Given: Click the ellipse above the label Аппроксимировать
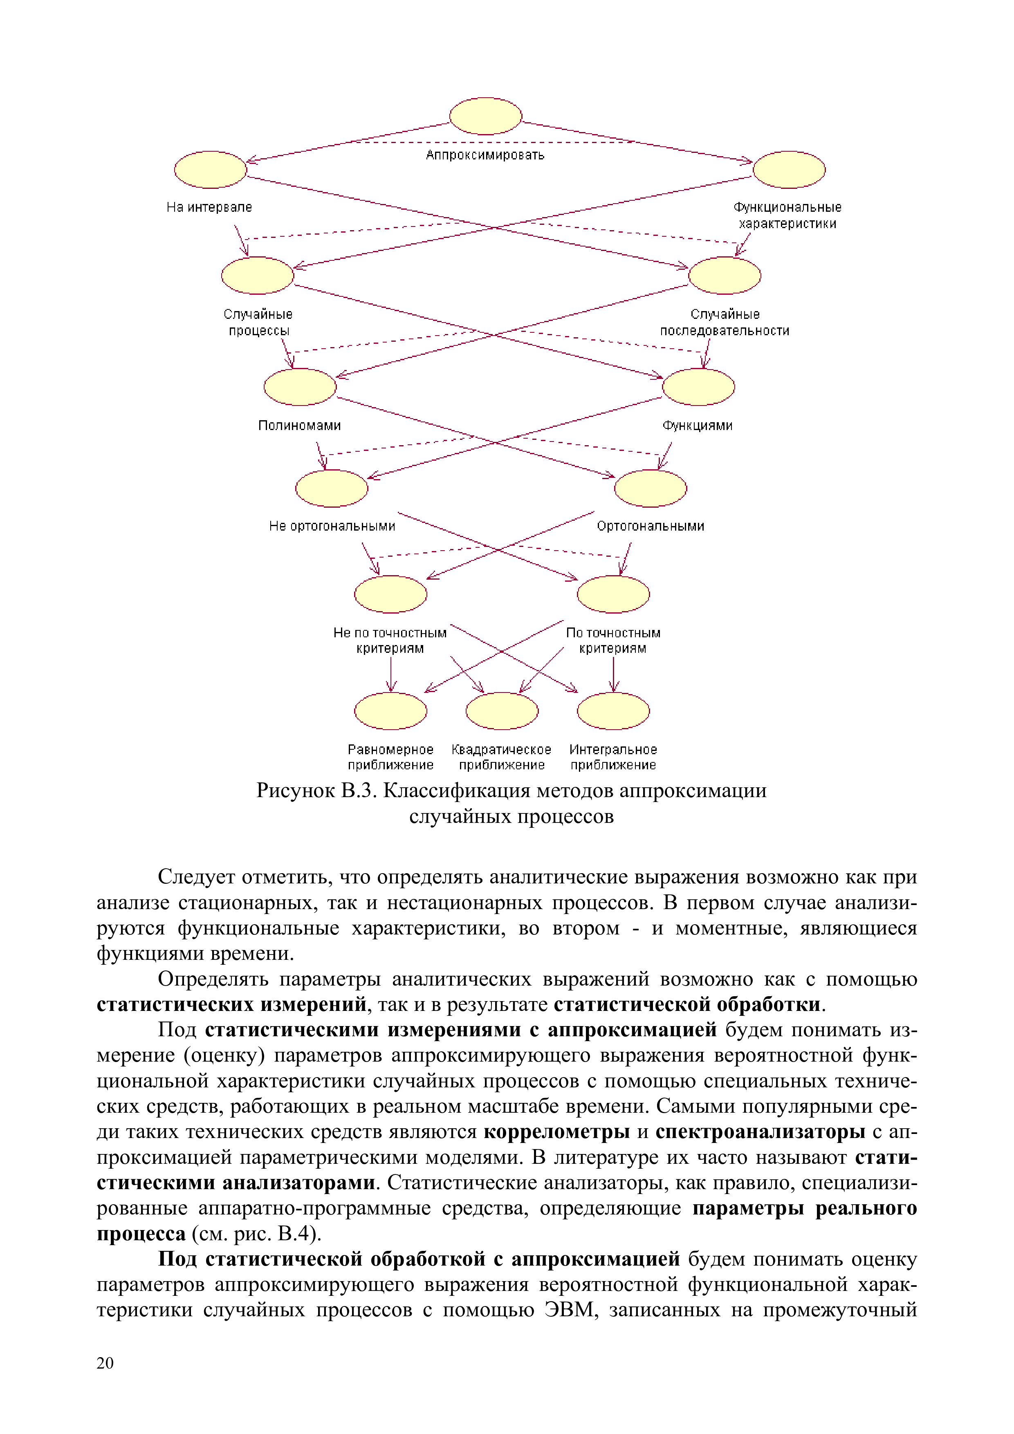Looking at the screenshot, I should (485, 116).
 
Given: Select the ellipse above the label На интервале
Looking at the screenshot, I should (211, 169).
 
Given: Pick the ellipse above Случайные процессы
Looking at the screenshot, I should (258, 276).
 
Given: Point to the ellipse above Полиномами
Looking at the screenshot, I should (300, 387).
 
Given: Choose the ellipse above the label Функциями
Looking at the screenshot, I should (698, 387).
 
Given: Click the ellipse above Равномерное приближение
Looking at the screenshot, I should (390, 711).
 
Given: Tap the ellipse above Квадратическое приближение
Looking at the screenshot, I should (502, 711).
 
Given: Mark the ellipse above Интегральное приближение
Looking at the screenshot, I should (613, 711).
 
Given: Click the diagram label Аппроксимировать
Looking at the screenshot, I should (485, 155).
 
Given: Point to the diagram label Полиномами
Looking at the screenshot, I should (299, 425).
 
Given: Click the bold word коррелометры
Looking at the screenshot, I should (556, 1131).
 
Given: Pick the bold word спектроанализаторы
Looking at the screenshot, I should (760, 1131).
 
